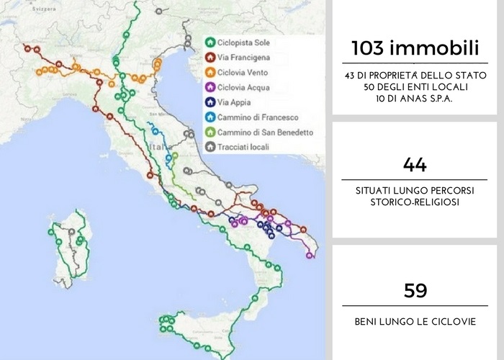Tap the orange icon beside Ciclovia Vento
(x=210, y=72)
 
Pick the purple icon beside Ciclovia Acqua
(x=210, y=87)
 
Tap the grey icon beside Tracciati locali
(x=210, y=147)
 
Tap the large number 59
(x=415, y=290)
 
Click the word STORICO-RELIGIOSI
(x=415, y=202)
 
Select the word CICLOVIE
(x=451, y=320)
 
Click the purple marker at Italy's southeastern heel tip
(x=310, y=255)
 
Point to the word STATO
(x=471, y=76)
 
